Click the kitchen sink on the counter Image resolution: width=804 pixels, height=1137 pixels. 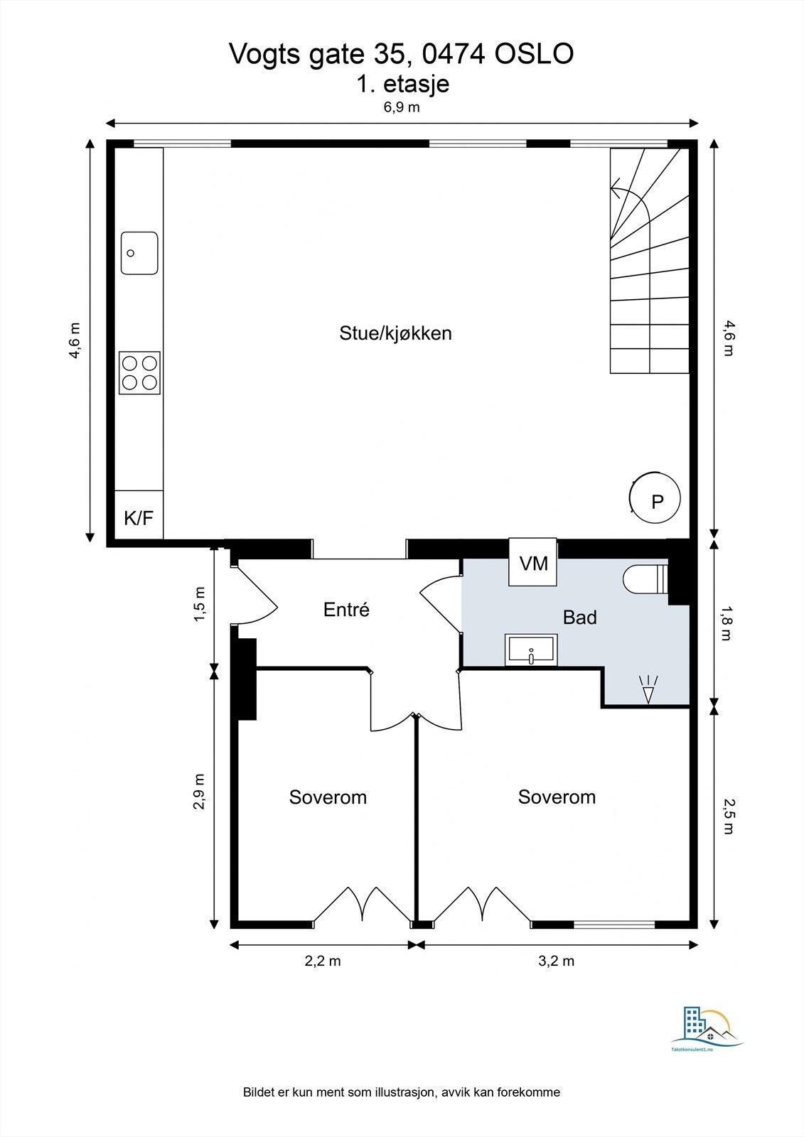[139, 253]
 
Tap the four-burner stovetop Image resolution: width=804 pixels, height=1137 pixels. [139, 373]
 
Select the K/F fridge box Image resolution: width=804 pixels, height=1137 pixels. [139, 514]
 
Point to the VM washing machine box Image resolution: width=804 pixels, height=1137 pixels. [533, 562]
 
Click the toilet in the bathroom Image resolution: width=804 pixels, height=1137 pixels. [645, 579]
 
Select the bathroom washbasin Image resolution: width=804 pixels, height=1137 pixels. [531, 650]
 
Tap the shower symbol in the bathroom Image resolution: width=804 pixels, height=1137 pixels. [648, 689]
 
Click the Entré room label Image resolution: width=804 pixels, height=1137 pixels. [346, 609]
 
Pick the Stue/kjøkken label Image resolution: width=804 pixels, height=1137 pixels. [396, 333]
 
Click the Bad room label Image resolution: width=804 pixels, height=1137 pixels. [579, 618]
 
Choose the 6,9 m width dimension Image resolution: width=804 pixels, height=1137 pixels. [401, 107]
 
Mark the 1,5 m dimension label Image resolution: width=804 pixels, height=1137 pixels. [200, 603]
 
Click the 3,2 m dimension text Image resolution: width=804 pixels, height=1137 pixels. [556, 961]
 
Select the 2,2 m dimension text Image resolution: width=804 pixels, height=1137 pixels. [323, 961]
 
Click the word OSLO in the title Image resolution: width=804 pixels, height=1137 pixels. [535, 54]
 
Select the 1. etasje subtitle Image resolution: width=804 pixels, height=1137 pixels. [403, 84]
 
